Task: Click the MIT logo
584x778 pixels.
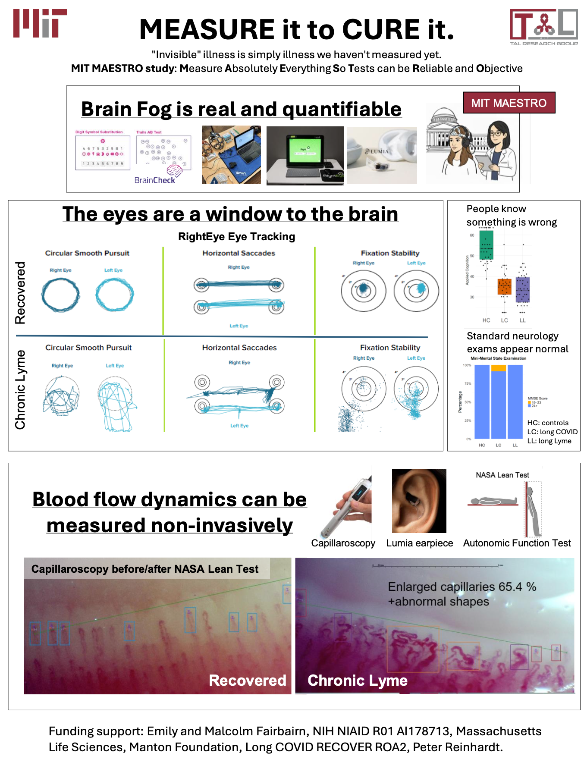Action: tap(40, 23)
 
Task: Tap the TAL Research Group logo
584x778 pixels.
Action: tap(544, 27)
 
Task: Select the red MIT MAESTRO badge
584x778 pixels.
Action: tap(509, 103)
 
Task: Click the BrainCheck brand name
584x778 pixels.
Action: tap(154, 180)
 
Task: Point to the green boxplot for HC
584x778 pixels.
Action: tap(486, 245)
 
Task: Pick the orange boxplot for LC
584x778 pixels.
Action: tap(504, 287)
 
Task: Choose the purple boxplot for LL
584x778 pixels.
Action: tap(522, 289)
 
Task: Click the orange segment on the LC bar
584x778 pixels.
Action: tap(498, 368)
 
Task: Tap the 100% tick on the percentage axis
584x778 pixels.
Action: tap(467, 365)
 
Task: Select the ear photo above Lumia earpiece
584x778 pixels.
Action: tap(419, 501)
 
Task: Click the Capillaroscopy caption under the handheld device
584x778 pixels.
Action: tap(343, 543)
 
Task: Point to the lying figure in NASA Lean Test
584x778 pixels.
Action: tap(493, 501)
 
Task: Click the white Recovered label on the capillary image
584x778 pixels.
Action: tap(247, 680)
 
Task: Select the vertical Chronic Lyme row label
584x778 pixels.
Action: tap(20, 389)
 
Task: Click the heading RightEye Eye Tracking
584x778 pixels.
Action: tap(236, 237)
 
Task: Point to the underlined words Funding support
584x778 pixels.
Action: tap(96, 731)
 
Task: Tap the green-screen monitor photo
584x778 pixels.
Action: tap(305, 155)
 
